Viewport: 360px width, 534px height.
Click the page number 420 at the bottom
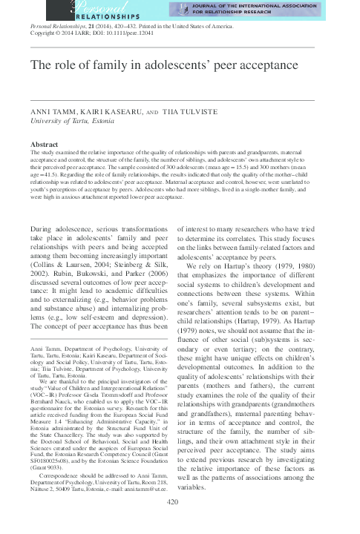point(180,523)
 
